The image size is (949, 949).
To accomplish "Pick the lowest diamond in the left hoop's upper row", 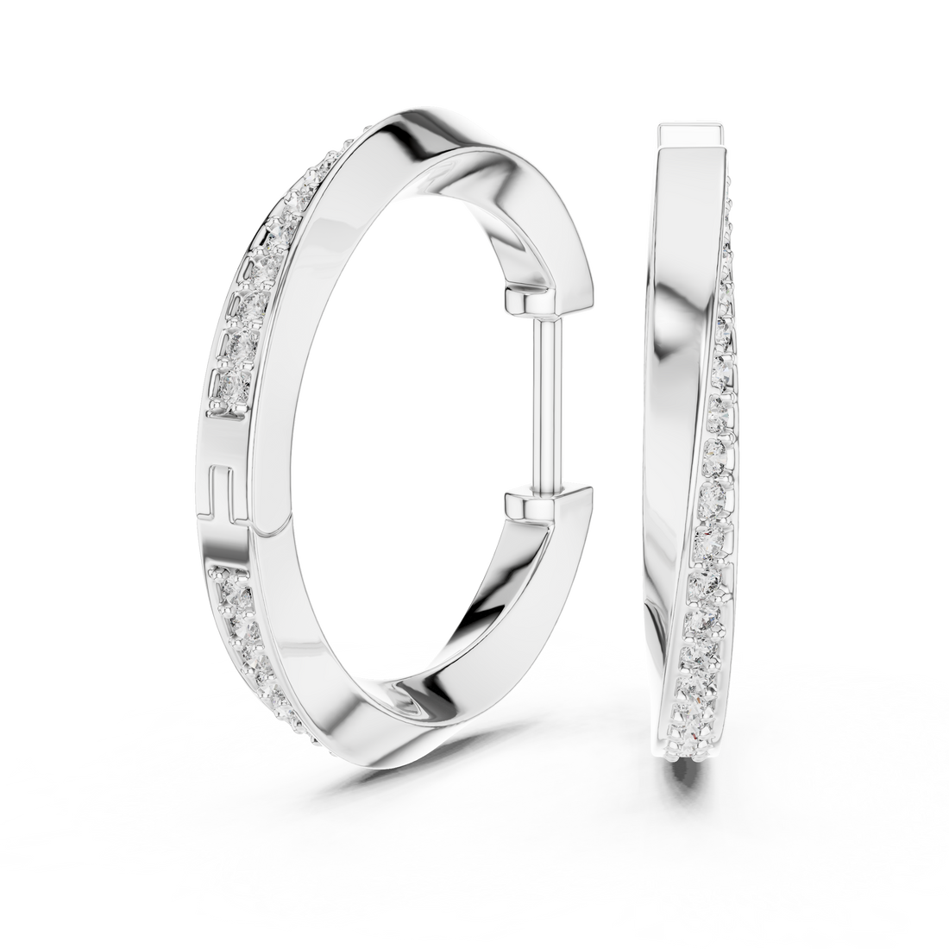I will (x=223, y=390).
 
